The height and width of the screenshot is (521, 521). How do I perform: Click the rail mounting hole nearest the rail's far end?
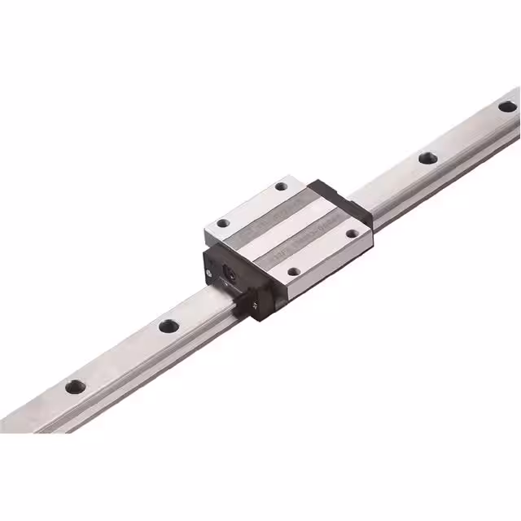507,106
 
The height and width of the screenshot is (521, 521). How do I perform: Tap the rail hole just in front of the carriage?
169,326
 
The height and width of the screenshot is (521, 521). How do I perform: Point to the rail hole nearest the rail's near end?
75,385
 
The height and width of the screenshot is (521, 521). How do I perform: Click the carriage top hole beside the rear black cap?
281,186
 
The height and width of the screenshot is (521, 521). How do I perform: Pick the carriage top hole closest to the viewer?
295,272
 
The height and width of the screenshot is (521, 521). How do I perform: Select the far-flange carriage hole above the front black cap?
222,222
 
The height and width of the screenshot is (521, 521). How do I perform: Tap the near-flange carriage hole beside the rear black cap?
352,234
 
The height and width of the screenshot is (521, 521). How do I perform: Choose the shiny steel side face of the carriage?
326,273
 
